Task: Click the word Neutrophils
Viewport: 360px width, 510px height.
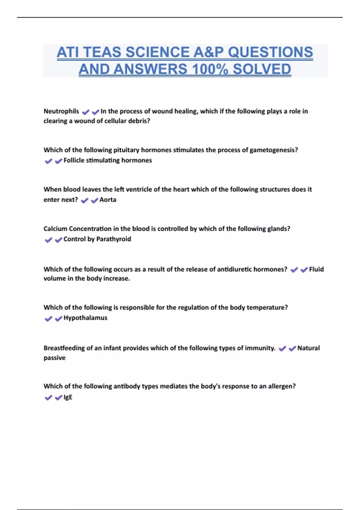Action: point(61,111)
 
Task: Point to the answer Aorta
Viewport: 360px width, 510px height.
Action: point(108,200)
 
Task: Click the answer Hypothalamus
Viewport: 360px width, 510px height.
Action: point(85,318)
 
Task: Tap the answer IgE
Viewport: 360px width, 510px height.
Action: point(68,397)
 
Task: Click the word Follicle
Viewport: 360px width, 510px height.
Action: point(74,160)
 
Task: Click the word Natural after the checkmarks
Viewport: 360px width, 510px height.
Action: point(308,348)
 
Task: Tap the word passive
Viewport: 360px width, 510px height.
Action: point(54,358)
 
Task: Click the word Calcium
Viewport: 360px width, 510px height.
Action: point(55,229)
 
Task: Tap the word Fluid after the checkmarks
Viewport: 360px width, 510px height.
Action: point(316,269)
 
